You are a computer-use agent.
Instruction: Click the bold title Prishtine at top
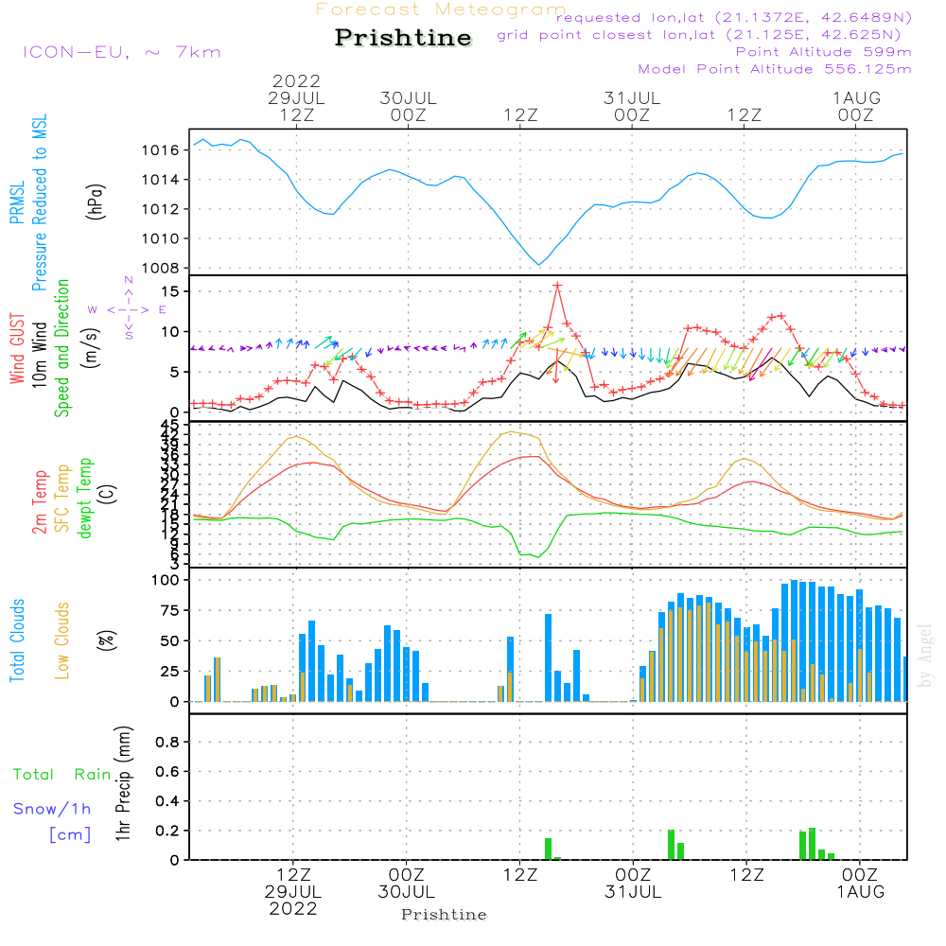point(403,38)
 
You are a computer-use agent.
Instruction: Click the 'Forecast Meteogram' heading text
point(441,9)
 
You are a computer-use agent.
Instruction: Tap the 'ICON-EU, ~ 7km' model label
point(121,52)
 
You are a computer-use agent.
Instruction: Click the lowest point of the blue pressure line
point(538,265)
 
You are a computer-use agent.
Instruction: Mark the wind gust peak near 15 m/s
point(557,285)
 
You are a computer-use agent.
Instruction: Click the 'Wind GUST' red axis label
point(17,350)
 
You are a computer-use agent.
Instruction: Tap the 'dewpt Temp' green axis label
point(85,499)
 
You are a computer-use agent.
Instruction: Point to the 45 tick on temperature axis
point(169,424)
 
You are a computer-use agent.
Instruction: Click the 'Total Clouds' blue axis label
point(17,639)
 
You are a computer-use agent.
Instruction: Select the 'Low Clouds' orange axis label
point(62,639)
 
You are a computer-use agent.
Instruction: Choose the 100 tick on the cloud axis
point(166,580)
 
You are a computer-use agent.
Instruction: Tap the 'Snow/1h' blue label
point(52,809)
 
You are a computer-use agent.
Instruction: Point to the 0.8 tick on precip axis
point(167,743)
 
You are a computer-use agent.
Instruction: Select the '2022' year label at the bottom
point(293,909)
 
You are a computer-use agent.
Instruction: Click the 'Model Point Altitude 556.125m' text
point(775,69)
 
